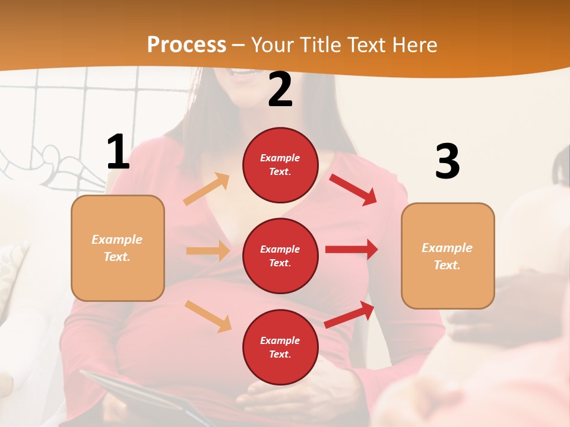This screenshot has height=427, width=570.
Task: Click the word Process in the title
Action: point(186,44)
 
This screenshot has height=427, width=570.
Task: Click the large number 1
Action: point(118,152)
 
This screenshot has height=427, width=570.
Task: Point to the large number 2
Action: point(280,90)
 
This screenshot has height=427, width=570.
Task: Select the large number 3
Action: point(448,161)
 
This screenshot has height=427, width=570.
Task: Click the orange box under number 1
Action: point(118,248)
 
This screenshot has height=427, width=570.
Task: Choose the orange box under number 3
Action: point(448,256)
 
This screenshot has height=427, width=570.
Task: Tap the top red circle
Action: point(280,165)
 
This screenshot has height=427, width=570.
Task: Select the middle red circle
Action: point(280,256)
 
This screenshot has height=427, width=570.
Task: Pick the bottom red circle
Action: point(280,347)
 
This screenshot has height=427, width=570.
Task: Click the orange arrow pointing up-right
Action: point(207,189)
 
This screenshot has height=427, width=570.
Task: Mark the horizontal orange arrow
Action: point(208,251)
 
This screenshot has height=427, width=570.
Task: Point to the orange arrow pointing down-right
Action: point(208,316)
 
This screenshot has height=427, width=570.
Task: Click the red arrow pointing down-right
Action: point(353,189)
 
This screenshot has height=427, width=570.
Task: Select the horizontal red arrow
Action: point(351,249)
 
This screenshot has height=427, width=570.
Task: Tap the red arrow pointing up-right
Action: point(350,314)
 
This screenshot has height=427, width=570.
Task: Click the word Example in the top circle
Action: point(280,158)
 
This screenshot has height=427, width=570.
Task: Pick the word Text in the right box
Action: point(446,265)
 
